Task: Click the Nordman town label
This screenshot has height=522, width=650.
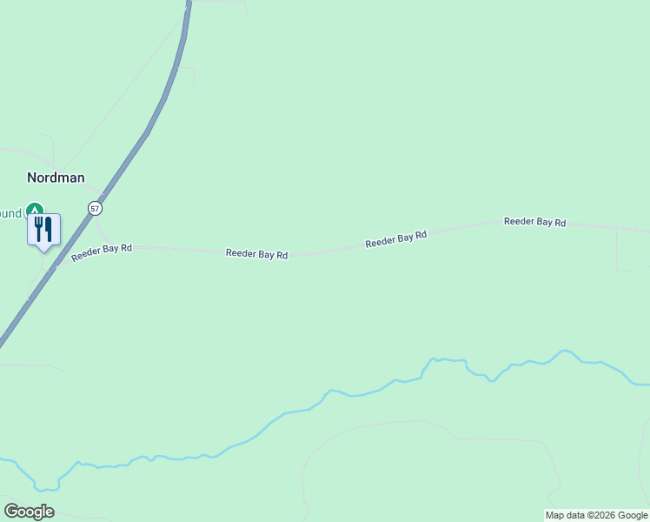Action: click(x=56, y=177)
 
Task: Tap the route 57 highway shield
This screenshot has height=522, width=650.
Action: click(x=95, y=209)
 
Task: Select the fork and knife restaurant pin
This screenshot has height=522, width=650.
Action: click(x=43, y=230)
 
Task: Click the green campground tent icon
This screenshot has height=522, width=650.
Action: click(x=34, y=210)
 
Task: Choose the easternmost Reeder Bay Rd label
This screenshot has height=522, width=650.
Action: click(x=534, y=222)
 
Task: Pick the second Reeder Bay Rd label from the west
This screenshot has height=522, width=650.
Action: click(x=256, y=254)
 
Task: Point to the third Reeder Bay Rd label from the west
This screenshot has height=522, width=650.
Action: click(x=395, y=239)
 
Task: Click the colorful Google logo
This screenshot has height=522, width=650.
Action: click(x=29, y=512)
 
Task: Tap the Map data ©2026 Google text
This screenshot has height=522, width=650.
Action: click(x=597, y=516)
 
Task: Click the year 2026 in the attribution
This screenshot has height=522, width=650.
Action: click(x=602, y=516)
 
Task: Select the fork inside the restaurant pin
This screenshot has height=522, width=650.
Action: click(x=38, y=229)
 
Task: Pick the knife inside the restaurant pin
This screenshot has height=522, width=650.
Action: click(x=49, y=229)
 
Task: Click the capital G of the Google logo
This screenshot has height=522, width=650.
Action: click(x=11, y=512)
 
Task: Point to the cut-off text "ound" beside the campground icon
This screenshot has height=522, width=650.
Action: click(x=10, y=213)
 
